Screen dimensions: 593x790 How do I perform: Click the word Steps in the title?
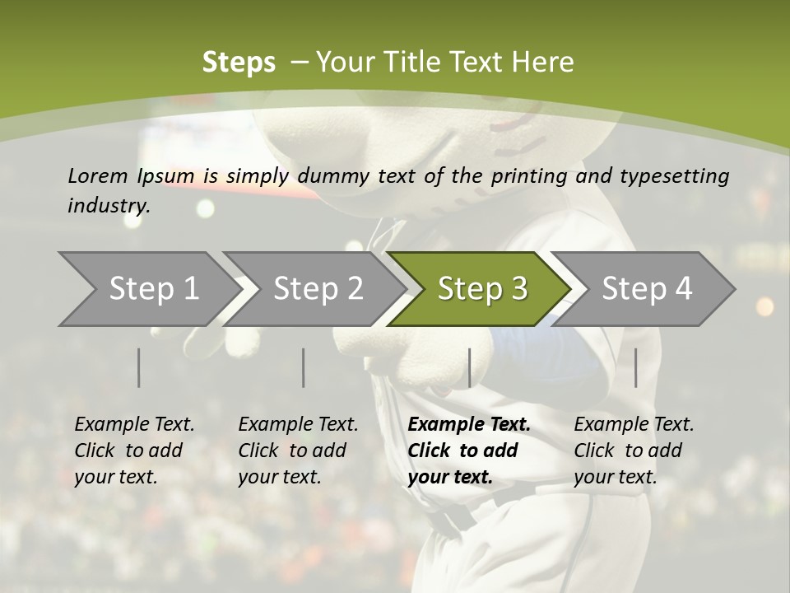click(x=239, y=63)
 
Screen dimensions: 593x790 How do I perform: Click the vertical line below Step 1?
click(x=139, y=367)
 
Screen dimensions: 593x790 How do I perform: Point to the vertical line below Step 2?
click(x=304, y=367)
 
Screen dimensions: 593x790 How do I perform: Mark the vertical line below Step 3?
click(x=469, y=367)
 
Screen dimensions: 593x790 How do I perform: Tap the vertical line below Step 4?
click(x=635, y=367)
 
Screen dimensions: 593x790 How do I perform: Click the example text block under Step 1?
click(x=134, y=451)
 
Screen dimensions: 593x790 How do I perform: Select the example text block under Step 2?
click(x=298, y=451)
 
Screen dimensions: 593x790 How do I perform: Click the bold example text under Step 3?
click(x=469, y=451)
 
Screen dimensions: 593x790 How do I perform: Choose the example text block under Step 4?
click(x=634, y=451)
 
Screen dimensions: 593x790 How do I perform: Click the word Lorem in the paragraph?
click(x=98, y=176)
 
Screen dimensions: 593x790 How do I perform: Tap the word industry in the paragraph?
click(x=108, y=206)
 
